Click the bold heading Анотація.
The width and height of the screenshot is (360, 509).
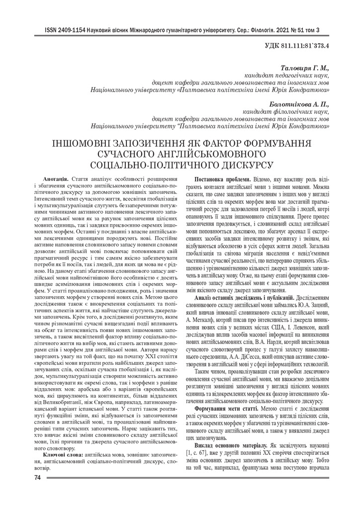pyautogui.click(x=56, y=178)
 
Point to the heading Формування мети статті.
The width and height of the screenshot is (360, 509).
pyautogui.click(x=226, y=408)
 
